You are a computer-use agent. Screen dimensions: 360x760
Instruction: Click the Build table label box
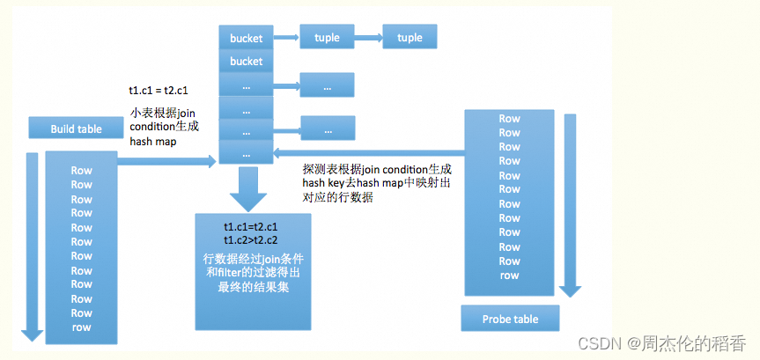click(x=76, y=129)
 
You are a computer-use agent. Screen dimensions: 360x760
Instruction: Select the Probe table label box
click(x=510, y=319)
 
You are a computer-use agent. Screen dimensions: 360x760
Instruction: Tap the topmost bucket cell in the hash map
click(x=246, y=38)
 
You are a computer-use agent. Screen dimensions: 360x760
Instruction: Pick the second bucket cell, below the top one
click(x=246, y=62)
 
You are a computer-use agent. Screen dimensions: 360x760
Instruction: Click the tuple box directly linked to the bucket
click(x=327, y=38)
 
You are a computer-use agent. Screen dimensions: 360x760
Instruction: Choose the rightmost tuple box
click(x=410, y=38)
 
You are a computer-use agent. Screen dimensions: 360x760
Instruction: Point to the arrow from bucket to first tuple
click(x=286, y=39)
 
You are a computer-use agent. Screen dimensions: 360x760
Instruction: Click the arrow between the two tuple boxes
click(x=368, y=39)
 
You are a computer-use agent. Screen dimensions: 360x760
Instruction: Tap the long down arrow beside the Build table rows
click(x=33, y=246)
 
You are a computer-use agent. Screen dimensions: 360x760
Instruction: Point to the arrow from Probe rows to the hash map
click(x=370, y=152)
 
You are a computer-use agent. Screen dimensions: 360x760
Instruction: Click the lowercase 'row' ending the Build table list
click(x=81, y=327)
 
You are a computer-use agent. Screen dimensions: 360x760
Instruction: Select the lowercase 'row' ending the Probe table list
click(x=509, y=276)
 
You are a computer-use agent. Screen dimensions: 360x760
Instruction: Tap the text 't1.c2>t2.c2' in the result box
click(x=251, y=240)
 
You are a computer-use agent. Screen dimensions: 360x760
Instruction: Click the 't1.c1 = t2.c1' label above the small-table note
click(x=159, y=91)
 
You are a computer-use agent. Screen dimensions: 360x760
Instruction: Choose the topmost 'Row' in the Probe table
click(x=509, y=119)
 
